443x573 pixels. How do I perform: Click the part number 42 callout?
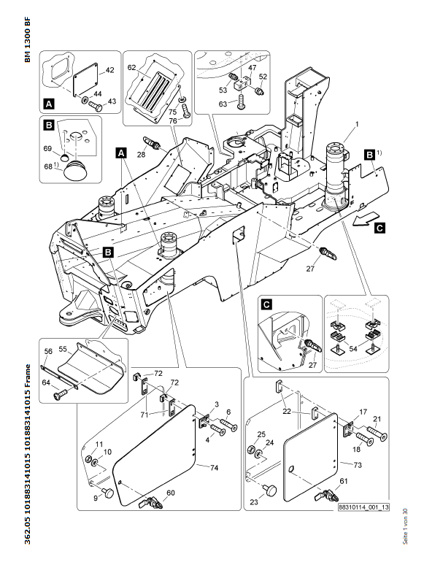point(110,70)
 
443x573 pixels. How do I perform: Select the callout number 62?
point(132,67)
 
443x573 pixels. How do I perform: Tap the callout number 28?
point(141,154)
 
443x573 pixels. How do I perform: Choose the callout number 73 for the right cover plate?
point(356,464)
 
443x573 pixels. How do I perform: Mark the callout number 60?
point(172,494)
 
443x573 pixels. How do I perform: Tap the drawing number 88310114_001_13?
point(363,507)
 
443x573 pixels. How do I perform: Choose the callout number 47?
point(252,68)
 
